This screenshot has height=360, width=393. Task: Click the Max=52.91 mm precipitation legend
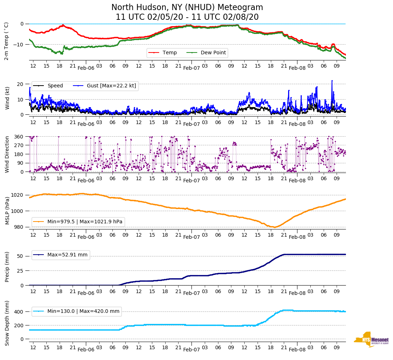pos(67,255)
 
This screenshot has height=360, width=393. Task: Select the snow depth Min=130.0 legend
pos(83,311)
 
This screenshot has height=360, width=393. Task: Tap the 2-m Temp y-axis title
pos(6,41)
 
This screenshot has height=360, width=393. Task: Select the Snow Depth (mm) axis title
pos(6,323)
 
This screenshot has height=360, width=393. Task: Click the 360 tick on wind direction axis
pos(19,137)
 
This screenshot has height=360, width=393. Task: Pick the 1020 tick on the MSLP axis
pos(17,195)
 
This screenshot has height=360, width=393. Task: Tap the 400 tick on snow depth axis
pos(19,312)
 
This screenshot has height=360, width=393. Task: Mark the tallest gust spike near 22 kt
pos(332,81)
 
